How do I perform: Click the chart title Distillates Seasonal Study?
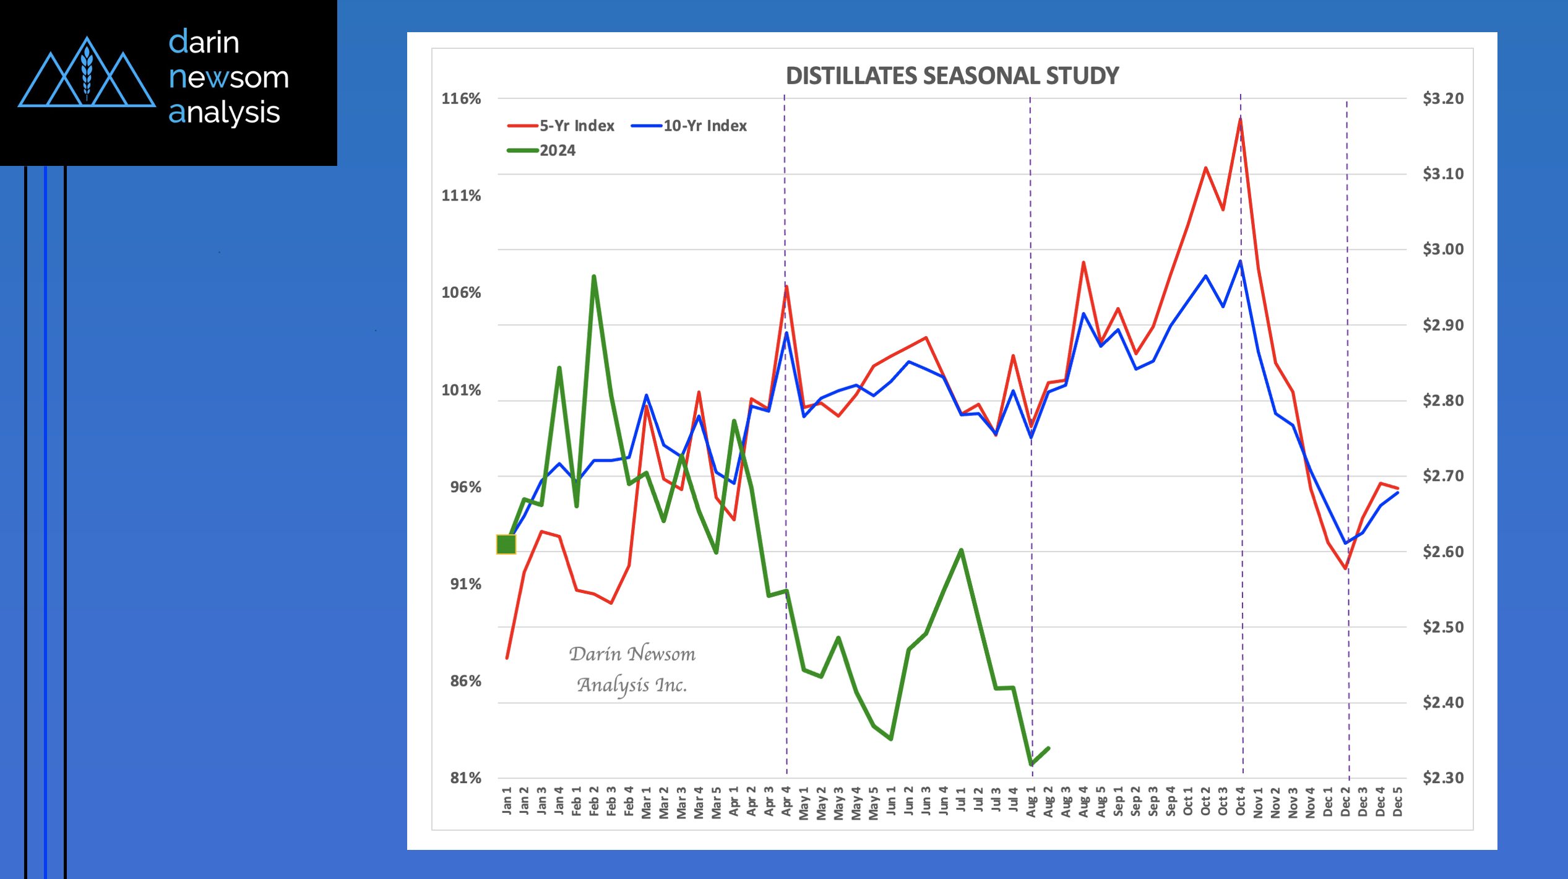point(952,76)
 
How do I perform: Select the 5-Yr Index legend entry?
point(561,126)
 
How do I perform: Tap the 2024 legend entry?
point(541,150)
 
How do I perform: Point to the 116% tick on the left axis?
point(461,98)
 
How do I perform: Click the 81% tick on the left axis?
point(465,778)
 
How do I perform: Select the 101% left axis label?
point(461,390)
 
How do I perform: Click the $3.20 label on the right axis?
point(1443,98)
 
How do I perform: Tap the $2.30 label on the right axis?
point(1443,778)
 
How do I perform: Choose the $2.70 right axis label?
point(1443,476)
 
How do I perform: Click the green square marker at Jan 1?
point(506,544)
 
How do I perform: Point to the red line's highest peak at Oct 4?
point(1240,119)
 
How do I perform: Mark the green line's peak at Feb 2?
point(593,277)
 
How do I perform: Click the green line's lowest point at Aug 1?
point(1031,764)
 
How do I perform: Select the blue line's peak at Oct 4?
point(1240,262)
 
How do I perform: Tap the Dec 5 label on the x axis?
point(1397,802)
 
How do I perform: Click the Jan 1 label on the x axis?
point(507,800)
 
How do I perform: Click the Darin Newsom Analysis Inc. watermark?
point(632,669)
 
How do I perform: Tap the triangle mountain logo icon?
point(87,74)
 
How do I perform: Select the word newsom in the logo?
point(228,77)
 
